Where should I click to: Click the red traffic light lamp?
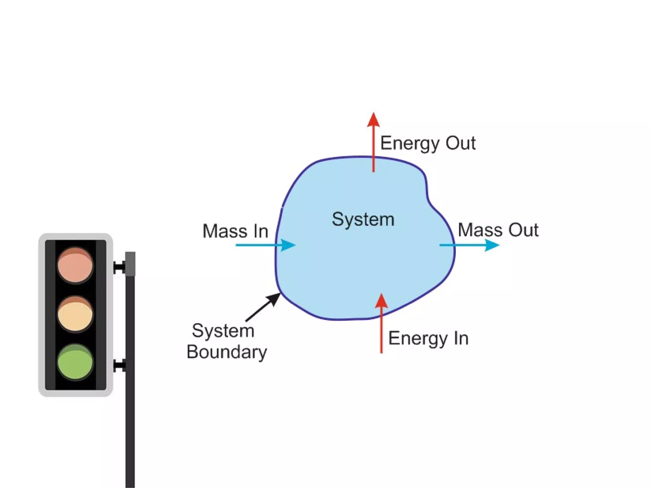(x=75, y=265)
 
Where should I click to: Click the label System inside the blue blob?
(x=363, y=219)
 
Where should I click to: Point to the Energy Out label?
(x=428, y=143)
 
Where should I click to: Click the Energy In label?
(x=428, y=338)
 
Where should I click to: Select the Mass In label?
(x=235, y=231)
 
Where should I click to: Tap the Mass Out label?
(x=498, y=230)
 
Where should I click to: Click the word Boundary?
(x=227, y=352)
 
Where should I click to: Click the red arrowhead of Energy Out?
(x=374, y=120)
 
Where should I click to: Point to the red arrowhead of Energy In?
(x=381, y=301)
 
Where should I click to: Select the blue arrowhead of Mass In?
(x=288, y=245)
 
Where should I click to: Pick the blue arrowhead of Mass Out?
(x=492, y=245)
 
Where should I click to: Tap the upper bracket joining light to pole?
(x=119, y=267)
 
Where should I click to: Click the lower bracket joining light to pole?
(x=119, y=366)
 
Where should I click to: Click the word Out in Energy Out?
(x=461, y=143)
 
